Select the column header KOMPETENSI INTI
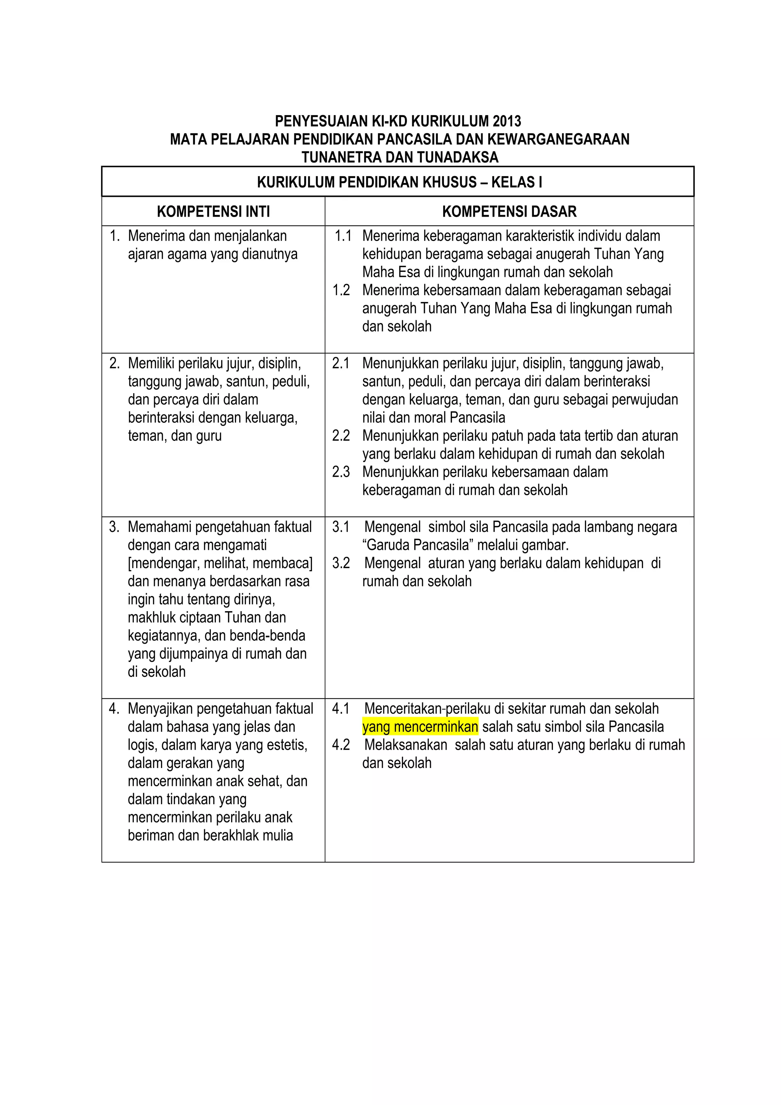click(213, 211)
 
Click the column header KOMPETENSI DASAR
click(509, 211)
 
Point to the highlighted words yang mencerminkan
click(420, 727)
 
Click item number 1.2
click(341, 290)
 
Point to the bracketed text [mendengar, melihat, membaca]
click(220, 563)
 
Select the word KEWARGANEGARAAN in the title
click(558, 139)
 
